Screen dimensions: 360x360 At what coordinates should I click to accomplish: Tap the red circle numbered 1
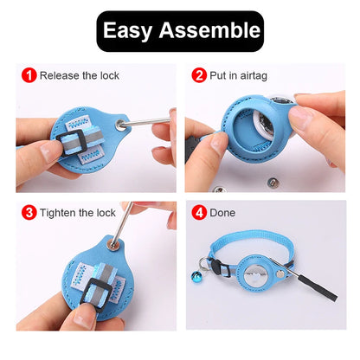point(29,75)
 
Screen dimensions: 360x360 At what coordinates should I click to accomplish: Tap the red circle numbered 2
point(199,75)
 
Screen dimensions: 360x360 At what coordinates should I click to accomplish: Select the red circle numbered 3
point(29,213)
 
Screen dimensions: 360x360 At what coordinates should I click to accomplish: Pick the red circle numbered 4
point(199,213)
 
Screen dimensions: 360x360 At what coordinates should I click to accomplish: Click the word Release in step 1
point(59,76)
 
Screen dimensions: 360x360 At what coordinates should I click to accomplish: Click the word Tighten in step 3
point(59,213)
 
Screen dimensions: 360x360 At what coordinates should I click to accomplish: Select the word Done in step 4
point(222,213)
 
